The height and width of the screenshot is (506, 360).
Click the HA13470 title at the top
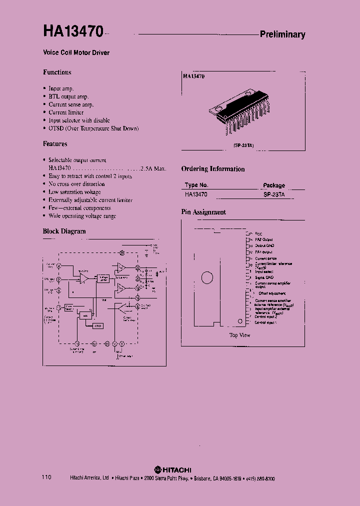[73, 31]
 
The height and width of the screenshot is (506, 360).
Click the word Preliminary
[282, 34]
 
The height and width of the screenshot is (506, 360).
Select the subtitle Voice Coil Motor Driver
[75, 52]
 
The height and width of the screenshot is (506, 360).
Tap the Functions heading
[57, 72]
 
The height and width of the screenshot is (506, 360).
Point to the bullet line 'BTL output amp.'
[68, 96]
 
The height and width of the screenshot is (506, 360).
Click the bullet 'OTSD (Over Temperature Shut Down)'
[93, 128]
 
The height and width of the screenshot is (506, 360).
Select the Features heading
[55, 144]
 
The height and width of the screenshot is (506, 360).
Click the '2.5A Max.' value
[153, 168]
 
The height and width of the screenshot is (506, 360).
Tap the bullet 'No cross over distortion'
[76, 184]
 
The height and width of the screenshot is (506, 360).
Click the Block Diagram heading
[64, 231]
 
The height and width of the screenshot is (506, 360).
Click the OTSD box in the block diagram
[98, 325]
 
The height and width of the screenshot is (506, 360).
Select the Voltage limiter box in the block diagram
[103, 278]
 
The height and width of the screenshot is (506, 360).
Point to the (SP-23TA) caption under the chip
[243, 145]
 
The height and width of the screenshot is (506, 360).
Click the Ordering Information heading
[213, 169]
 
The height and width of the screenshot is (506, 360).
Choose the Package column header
[274, 185]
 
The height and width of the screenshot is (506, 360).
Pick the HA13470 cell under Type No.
[196, 194]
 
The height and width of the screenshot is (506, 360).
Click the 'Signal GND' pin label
[264, 277]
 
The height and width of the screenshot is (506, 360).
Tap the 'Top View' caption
[240, 335]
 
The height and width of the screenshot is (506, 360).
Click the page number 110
[46, 478]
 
